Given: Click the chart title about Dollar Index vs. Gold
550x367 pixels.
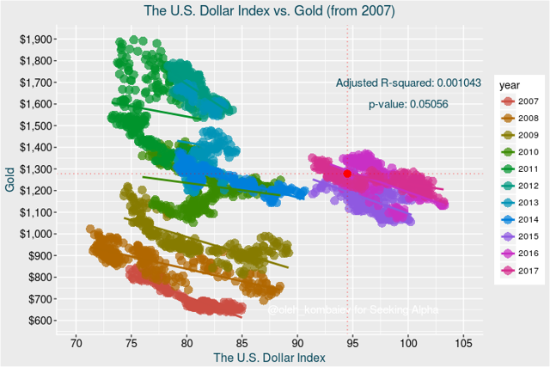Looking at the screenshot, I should click(274, 11).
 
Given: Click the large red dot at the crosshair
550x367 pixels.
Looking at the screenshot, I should click(347, 174).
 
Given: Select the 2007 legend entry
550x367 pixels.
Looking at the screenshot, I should click(518, 102).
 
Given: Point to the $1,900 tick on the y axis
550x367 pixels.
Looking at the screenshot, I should click(38, 40).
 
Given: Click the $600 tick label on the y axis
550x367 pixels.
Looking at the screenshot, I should click(40, 321).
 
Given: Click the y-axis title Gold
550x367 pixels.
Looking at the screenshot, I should click(9, 180).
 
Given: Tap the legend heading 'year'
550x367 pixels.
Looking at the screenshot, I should click(508, 85).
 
